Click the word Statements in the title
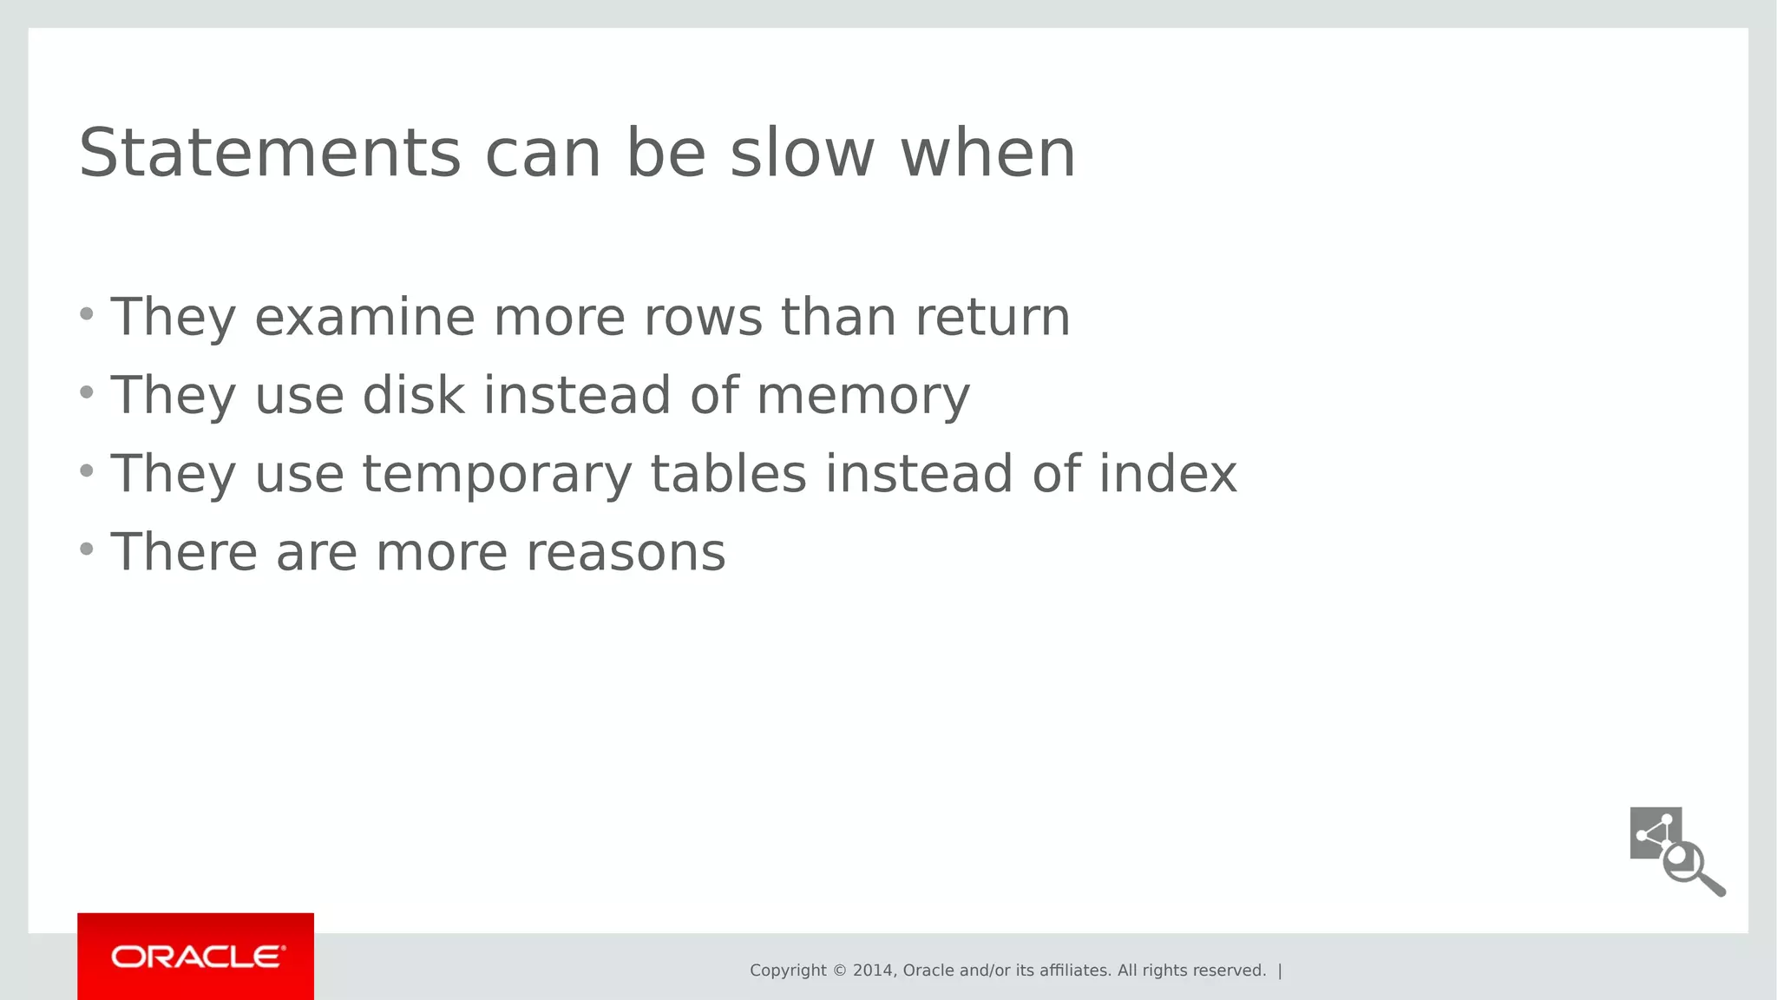(270, 154)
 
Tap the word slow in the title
(802, 154)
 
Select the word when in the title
(988, 154)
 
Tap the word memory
(862, 397)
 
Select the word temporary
(496, 475)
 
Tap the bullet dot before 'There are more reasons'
(86, 549)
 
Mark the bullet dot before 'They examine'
(86, 313)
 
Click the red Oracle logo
(196, 957)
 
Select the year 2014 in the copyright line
(873, 970)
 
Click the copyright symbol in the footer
(839, 970)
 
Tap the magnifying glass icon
(1690, 866)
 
